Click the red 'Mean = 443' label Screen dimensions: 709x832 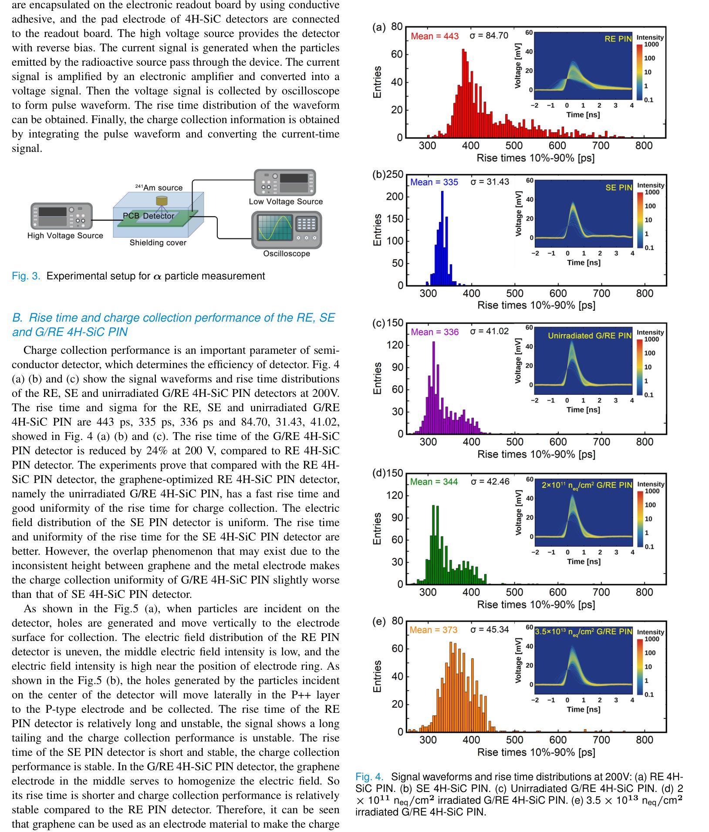tap(435, 36)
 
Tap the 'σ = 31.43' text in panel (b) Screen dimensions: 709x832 tap(490, 181)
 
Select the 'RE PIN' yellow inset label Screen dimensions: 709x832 tap(618, 39)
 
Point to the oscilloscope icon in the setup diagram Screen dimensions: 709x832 tap(287, 230)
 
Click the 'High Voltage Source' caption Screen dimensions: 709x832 tap(65, 236)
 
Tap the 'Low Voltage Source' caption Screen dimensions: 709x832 tap(286, 201)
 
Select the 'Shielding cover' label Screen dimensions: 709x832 tap(158, 243)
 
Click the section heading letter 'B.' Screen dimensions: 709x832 tap(17, 318)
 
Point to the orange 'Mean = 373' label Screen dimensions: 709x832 tap(433, 630)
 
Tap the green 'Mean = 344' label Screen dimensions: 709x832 tap(434, 482)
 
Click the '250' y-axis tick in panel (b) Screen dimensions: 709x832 tap(395, 174)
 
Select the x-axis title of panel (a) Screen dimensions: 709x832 tap(536, 158)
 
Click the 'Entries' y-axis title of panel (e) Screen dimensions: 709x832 tap(377, 676)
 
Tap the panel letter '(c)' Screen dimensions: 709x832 tap(379, 323)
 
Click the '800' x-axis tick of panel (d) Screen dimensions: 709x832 tap(645, 592)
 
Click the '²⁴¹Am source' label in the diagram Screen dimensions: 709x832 tap(159, 188)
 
